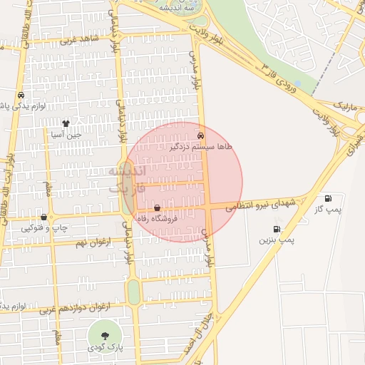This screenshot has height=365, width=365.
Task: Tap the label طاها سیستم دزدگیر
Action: (x=200, y=146)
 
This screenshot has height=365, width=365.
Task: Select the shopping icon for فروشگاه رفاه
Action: (x=157, y=208)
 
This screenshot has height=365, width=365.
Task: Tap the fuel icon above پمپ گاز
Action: (x=327, y=198)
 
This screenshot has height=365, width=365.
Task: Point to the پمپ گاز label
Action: (x=327, y=210)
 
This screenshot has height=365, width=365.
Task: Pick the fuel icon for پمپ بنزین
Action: (x=276, y=230)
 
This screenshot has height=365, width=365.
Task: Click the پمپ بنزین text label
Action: (x=276, y=241)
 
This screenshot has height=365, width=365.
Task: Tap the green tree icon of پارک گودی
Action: (x=105, y=335)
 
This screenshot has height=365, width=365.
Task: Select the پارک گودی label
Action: (x=105, y=347)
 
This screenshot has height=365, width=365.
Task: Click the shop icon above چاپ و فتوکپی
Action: (x=44, y=217)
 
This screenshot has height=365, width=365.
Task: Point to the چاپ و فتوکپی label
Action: (x=44, y=228)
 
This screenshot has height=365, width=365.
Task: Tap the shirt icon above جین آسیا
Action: (x=66, y=123)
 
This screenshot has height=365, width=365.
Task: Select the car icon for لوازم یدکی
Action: (x=21, y=95)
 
